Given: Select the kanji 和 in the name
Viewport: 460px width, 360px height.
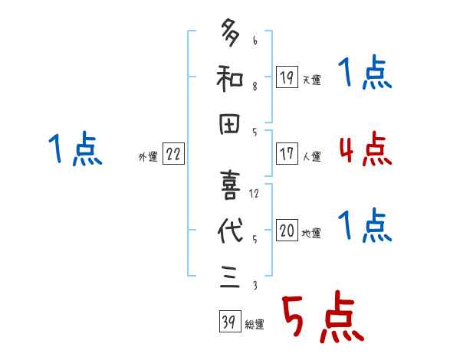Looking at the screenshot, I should coord(231,77).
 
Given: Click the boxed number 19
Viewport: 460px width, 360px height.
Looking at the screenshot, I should coord(286,77).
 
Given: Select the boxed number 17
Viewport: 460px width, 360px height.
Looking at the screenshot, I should coord(286,154).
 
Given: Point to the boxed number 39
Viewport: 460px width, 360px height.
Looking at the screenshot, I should coord(228,322).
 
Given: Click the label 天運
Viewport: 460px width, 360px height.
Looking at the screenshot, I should coord(312,80).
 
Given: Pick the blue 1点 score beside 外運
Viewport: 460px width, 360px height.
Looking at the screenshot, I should coord(75,149).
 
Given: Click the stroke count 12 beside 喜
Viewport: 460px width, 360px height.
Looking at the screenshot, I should coord(254,194).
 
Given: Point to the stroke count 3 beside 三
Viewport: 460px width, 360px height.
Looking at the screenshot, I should coord(254,286).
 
